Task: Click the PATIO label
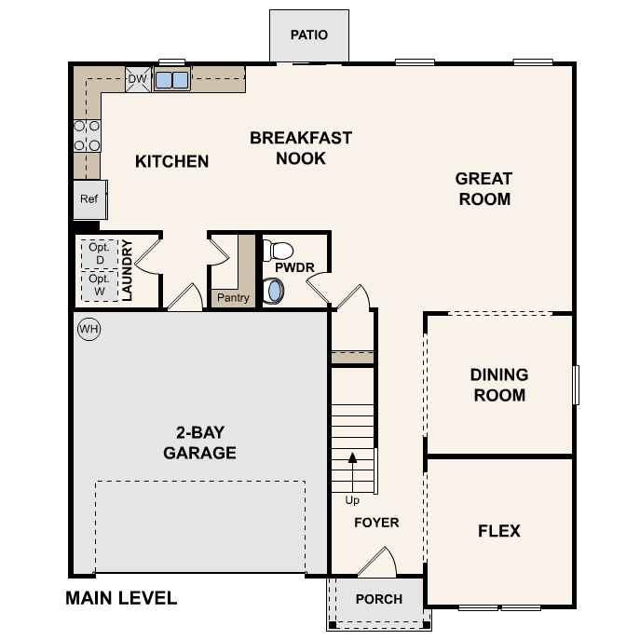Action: (x=308, y=35)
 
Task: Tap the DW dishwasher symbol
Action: (x=137, y=80)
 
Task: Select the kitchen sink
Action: (x=171, y=80)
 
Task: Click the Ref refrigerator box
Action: (x=89, y=199)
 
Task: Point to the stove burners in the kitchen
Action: (x=87, y=135)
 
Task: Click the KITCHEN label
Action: (x=171, y=161)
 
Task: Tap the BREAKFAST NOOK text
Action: (x=301, y=148)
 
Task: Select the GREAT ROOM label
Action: (x=483, y=188)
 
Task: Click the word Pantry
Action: (x=232, y=298)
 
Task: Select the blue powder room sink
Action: (x=274, y=291)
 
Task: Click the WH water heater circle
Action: (x=89, y=329)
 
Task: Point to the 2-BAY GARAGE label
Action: (x=199, y=443)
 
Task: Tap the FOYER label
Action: (x=376, y=523)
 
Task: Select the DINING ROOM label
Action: (x=498, y=385)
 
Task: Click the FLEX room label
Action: (x=498, y=531)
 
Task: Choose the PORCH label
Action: (x=379, y=599)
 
